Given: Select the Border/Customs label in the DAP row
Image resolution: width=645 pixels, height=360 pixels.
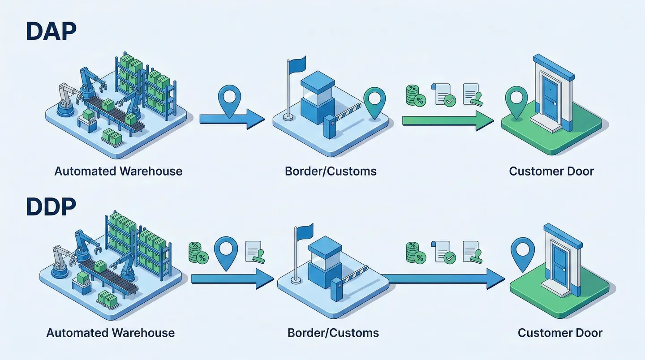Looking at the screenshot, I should tap(331, 171).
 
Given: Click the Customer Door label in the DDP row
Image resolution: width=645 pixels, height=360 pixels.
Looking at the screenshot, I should tap(560, 333).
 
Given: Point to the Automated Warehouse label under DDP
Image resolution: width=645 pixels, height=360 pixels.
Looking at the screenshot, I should tap(111, 333).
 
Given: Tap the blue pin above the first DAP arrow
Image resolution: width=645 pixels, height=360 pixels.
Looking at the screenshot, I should tap(229, 101).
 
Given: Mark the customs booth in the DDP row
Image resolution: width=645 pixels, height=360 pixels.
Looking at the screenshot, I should tap(325, 258).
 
